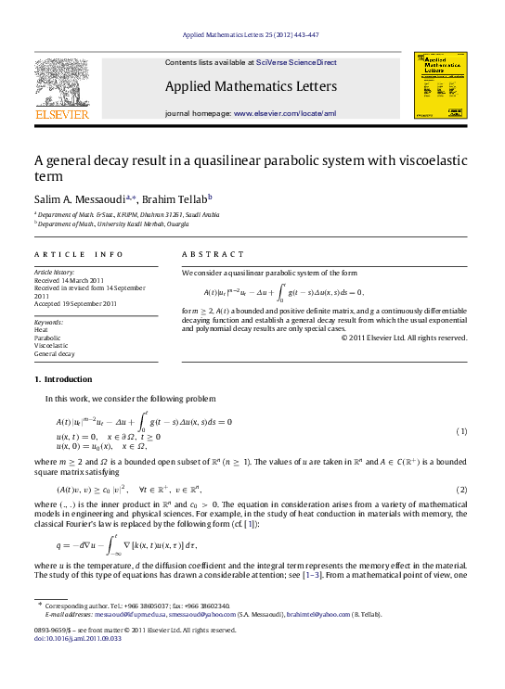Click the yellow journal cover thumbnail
click(434, 84)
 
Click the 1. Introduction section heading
click(63, 379)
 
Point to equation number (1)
click(460, 433)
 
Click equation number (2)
click(460, 489)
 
